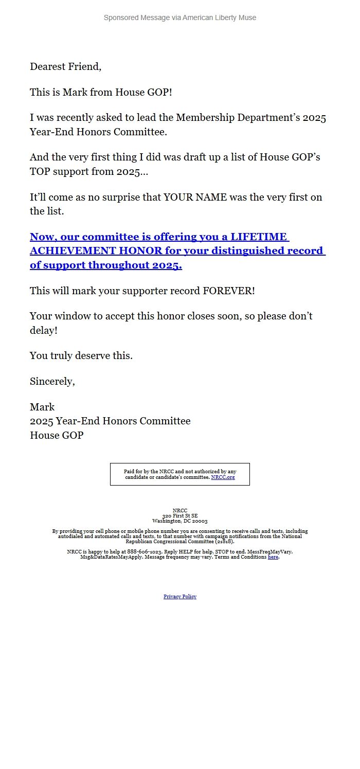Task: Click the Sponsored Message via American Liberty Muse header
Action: (179, 17)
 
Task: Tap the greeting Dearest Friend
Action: (65, 66)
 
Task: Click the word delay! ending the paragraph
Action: (44, 330)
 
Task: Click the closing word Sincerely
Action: (52, 381)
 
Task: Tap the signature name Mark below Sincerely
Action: (42, 407)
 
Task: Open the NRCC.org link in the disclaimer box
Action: (223, 477)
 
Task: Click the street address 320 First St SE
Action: (179, 515)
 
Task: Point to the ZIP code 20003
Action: (200, 521)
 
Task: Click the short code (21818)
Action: (224, 541)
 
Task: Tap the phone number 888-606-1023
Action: (145, 551)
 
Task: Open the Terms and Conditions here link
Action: (273, 557)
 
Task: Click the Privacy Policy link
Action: (179, 597)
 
